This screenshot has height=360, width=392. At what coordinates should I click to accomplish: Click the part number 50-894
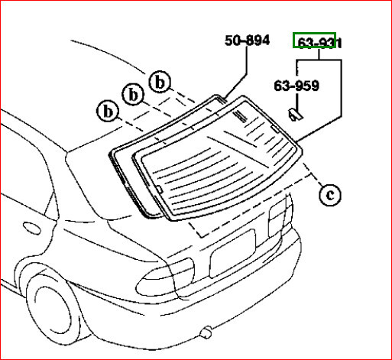247,41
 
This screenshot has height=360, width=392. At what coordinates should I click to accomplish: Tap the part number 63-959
297,86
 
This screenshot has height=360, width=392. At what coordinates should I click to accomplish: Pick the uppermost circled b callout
160,81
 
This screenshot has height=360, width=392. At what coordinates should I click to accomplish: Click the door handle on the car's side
33,227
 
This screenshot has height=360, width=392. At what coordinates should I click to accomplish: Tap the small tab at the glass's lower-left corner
157,185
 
